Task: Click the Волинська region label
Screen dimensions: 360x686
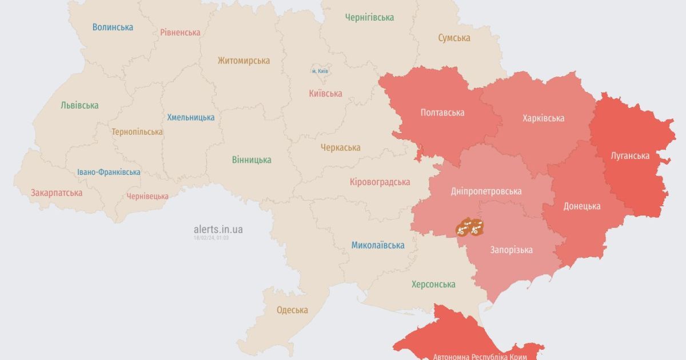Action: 113,27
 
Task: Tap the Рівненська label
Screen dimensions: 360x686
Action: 180,32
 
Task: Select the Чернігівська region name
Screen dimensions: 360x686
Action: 369,17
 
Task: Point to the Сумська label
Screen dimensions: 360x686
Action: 454,38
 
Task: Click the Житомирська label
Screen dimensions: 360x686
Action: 244,61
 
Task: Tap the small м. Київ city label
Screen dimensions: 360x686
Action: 320,71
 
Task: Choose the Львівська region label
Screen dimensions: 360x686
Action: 79,105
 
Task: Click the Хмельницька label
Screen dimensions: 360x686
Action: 191,117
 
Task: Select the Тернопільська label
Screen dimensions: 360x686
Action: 137,131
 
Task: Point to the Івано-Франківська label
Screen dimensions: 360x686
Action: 109,172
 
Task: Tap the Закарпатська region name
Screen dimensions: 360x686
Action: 57,193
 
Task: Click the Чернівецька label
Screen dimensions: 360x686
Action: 147,196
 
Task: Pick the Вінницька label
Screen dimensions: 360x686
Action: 252,159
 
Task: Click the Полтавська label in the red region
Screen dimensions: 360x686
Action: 442,113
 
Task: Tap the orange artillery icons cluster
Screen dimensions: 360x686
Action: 470,227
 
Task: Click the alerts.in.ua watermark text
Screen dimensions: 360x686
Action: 218,229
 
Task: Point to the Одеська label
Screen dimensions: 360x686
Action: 292,310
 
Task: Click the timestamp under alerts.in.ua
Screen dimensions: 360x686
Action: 211,237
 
